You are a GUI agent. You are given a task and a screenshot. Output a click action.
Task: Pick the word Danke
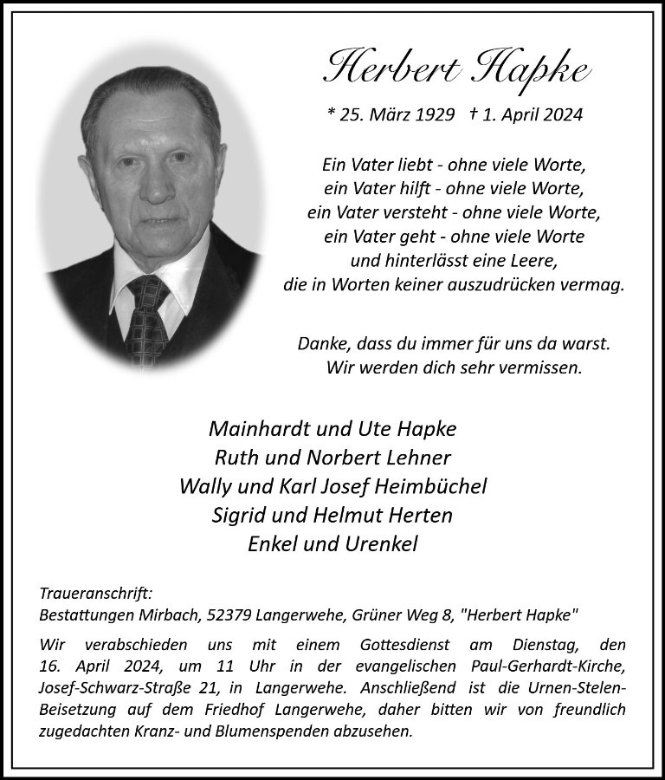click(320, 344)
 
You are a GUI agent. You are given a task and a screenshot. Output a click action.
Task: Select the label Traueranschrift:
click(96, 594)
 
